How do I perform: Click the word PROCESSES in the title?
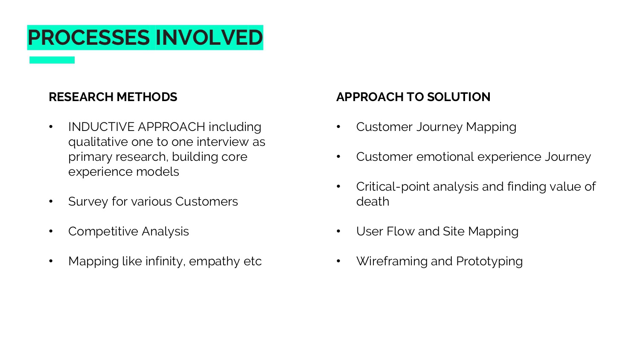pyautogui.click(x=89, y=38)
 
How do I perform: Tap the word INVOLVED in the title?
pyautogui.click(x=209, y=38)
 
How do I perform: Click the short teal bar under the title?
pyautogui.click(x=52, y=60)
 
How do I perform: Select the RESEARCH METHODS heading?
pyautogui.click(x=113, y=97)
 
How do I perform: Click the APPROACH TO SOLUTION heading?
pyautogui.click(x=413, y=97)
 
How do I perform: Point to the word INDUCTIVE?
pyautogui.click(x=101, y=127)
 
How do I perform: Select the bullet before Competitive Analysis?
pyautogui.click(x=51, y=231)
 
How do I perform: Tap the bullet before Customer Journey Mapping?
pyautogui.click(x=339, y=127)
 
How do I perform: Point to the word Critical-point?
pyautogui.click(x=393, y=186)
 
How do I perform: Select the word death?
pyautogui.click(x=372, y=201)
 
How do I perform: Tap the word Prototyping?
pyautogui.click(x=489, y=261)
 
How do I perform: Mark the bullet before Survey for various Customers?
pyautogui.click(x=51, y=201)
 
